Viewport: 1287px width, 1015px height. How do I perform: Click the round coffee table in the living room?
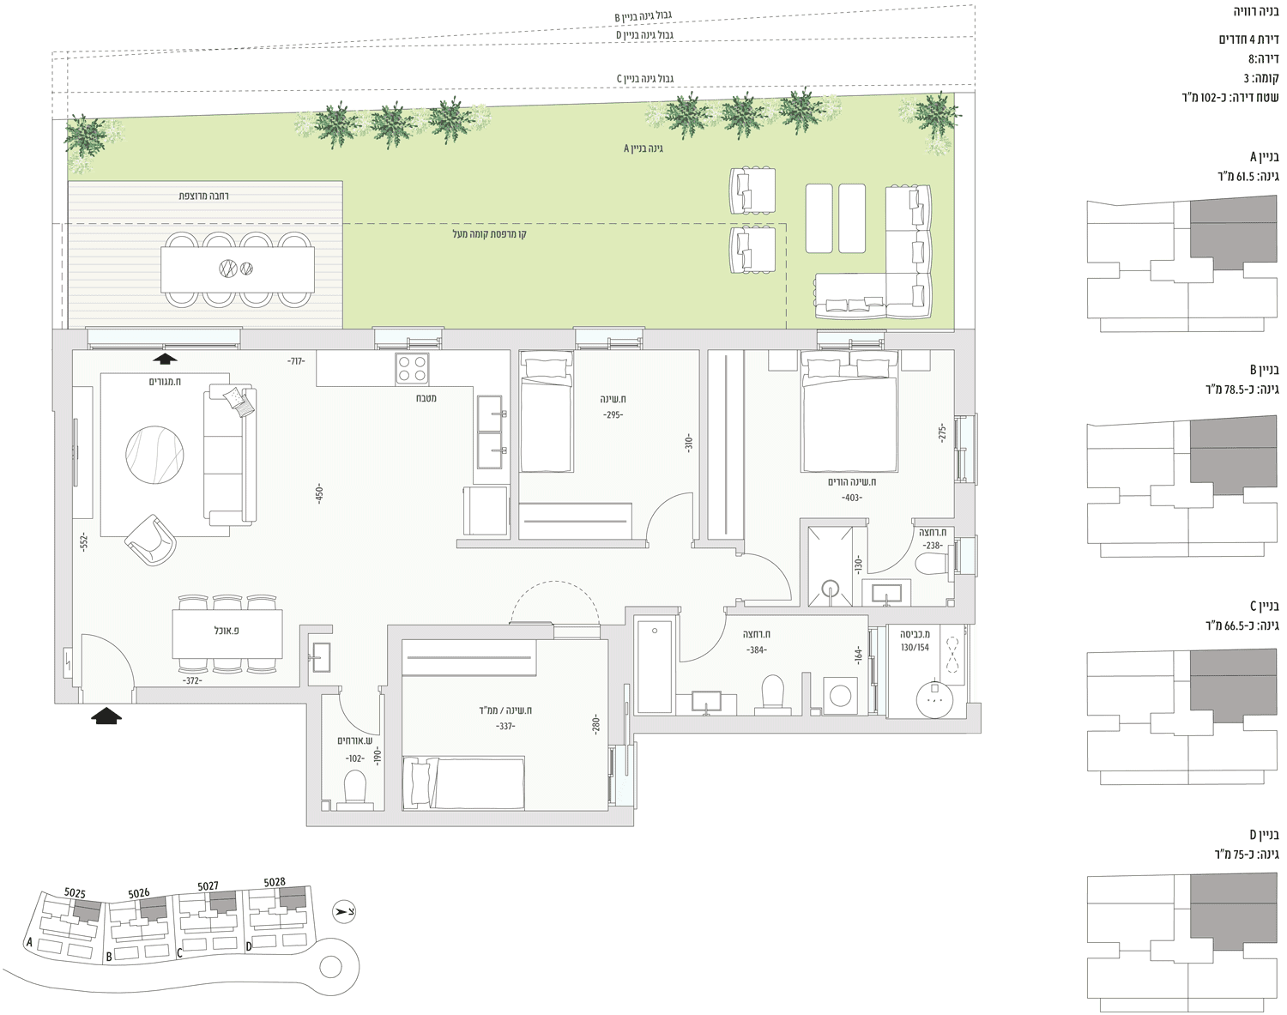[x=154, y=455]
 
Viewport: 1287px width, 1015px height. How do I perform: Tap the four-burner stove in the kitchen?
[x=412, y=368]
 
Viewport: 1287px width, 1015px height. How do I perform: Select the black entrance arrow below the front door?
[x=106, y=716]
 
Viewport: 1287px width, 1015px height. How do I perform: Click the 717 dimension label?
[x=296, y=360]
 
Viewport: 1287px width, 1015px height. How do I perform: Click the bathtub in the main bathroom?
[x=655, y=667]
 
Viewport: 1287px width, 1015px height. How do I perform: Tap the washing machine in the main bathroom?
[x=841, y=696]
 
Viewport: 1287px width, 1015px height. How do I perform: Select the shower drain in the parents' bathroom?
[x=830, y=588]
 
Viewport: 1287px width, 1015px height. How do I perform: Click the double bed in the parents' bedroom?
[x=849, y=411]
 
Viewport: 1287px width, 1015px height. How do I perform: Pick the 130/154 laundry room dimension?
[x=915, y=647]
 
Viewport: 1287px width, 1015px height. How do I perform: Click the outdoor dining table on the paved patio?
[x=238, y=269]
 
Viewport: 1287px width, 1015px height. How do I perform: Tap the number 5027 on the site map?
[x=208, y=885]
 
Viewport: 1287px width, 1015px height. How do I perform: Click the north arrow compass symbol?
[x=344, y=912]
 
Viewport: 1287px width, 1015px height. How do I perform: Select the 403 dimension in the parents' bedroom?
[x=852, y=498]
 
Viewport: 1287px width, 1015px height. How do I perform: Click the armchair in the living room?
[x=151, y=541]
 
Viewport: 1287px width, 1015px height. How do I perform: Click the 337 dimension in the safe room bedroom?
[x=505, y=726]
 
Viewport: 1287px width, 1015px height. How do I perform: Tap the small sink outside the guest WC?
[x=321, y=657]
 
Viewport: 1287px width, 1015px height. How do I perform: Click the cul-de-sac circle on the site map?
[x=330, y=966]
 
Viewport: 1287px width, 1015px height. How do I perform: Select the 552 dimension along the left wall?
[x=84, y=541]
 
